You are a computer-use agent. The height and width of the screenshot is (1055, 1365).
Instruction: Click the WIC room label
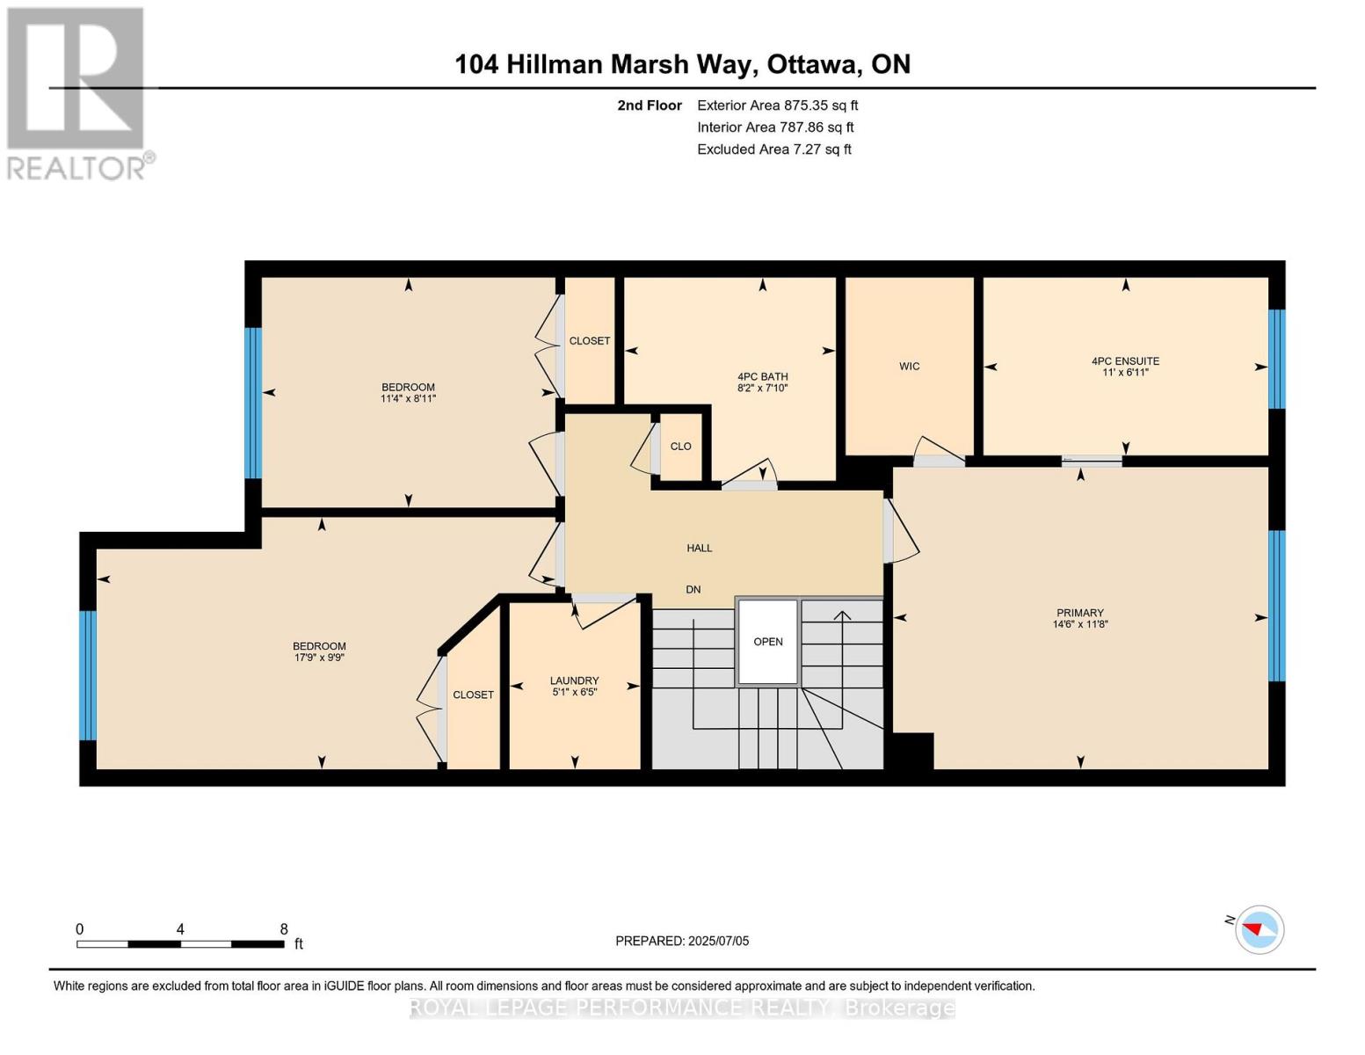coord(909,367)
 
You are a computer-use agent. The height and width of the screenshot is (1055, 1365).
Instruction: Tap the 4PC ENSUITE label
coord(1125,361)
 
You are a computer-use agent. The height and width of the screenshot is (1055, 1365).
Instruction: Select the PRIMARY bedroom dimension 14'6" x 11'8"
coord(1080,625)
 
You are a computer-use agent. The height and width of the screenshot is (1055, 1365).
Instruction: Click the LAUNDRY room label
coord(574,680)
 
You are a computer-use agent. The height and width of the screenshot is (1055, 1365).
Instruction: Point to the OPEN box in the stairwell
coord(767,642)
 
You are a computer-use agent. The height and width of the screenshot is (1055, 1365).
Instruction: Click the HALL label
coord(700,549)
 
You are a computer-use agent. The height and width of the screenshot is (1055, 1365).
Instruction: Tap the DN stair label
coord(693,590)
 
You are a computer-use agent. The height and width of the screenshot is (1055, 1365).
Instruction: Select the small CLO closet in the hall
coord(680,447)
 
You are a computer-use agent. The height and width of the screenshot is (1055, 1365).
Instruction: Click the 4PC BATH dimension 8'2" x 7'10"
coord(762,388)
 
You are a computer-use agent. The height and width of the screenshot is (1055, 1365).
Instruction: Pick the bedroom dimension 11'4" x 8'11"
coord(408,398)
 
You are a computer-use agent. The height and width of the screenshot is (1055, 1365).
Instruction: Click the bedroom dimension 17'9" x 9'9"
coord(320,657)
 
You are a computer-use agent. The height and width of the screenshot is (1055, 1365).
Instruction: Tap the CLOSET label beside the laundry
coord(473,695)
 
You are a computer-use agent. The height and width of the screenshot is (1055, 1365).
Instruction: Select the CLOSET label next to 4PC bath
coord(589,341)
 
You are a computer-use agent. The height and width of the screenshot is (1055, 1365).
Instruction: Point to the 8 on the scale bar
coord(284,929)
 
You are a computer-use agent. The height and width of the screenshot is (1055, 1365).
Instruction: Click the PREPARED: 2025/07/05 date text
coord(682,941)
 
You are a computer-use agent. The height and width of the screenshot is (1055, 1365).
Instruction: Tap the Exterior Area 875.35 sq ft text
coord(777,105)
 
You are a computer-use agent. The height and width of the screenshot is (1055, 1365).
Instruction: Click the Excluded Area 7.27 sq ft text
coord(773,149)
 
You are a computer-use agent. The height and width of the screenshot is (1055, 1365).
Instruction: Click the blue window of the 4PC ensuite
coord(1276,359)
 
